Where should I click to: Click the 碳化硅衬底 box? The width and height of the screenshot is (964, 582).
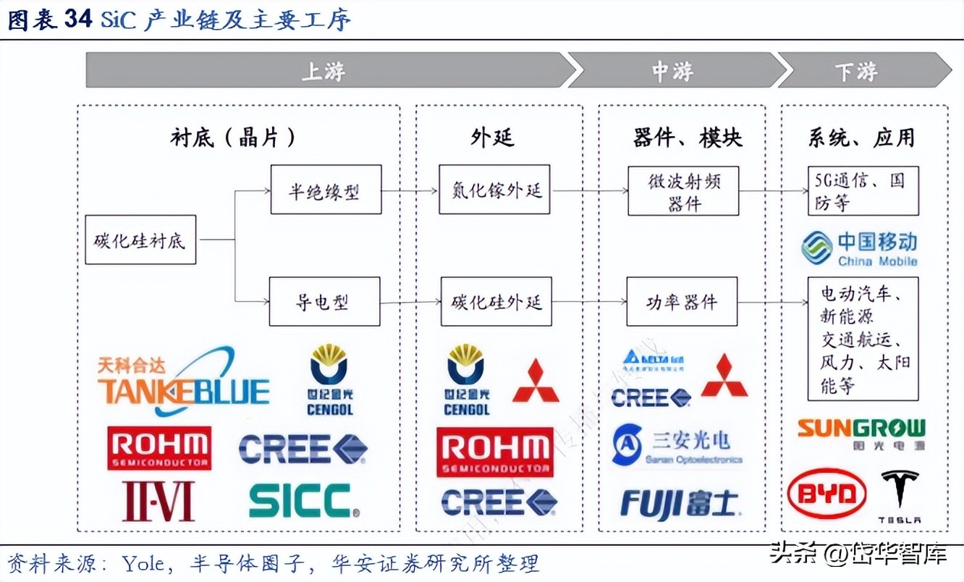(140, 240)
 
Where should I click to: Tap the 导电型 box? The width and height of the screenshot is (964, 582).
(326, 301)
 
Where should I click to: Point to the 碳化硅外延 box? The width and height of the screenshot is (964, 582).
(495, 301)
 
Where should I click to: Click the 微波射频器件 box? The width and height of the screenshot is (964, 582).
(683, 190)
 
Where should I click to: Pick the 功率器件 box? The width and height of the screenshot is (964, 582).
(683, 301)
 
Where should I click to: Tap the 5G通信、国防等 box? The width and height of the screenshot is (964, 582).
(863, 190)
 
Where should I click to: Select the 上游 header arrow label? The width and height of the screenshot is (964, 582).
(323, 71)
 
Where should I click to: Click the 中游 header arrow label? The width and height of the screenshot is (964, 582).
(673, 71)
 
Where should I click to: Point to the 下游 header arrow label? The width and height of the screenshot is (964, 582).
(857, 71)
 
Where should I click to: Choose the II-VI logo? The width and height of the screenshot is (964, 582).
(158, 500)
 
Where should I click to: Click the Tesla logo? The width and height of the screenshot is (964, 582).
(900, 496)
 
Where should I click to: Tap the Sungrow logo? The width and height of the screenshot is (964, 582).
(861, 433)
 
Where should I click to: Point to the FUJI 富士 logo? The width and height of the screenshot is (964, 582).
(680, 504)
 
